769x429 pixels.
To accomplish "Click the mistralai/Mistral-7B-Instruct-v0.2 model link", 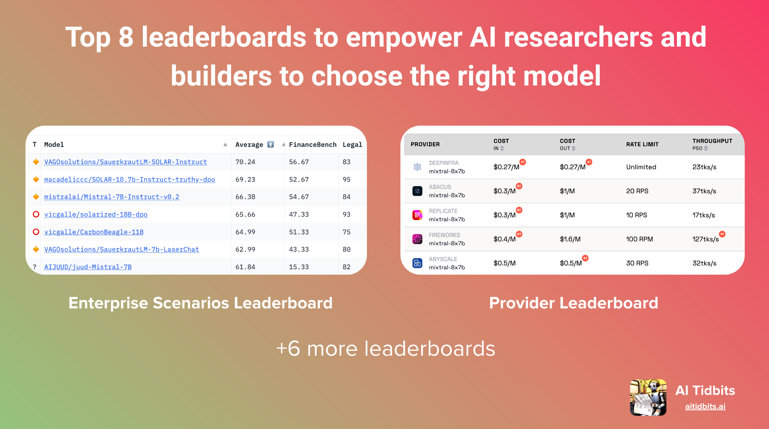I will pyautogui.click(x=111, y=197).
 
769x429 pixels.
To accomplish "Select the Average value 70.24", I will pyautogui.click(x=245, y=162).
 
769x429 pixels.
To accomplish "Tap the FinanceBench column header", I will pyautogui.click(x=313, y=145).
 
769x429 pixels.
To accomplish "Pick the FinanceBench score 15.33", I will pyautogui.click(x=299, y=267).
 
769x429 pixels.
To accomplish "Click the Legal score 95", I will pyautogui.click(x=346, y=179).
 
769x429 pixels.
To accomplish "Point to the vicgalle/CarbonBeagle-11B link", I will pyautogui.click(x=94, y=232).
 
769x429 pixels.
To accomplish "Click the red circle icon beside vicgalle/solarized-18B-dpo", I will pyautogui.click(x=36, y=214).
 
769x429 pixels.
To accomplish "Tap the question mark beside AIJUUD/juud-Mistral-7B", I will pyautogui.click(x=35, y=267).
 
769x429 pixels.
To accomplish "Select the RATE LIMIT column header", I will pyautogui.click(x=642, y=144).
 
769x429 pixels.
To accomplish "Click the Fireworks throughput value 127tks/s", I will pyautogui.click(x=705, y=239).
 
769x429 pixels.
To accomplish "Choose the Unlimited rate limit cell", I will pyautogui.click(x=641, y=167).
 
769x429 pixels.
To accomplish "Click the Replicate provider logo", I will pyautogui.click(x=417, y=215).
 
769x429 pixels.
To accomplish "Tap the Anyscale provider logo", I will pyautogui.click(x=417, y=263).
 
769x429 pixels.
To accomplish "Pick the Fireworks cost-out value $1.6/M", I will pyautogui.click(x=570, y=239).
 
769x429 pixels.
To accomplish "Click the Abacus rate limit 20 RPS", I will pyautogui.click(x=637, y=191).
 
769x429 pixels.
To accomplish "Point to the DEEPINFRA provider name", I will pyautogui.click(x=444, y=163).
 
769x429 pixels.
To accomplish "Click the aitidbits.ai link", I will pyautogui.click(x=705, y=406).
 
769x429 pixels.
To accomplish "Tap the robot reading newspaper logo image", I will pyautogui.click(x=648, y=398).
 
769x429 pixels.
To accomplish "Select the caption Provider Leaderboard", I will pyautogui.click(x=573, y=303).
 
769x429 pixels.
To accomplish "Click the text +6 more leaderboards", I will pyautogui.click(x=386, y=349).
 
